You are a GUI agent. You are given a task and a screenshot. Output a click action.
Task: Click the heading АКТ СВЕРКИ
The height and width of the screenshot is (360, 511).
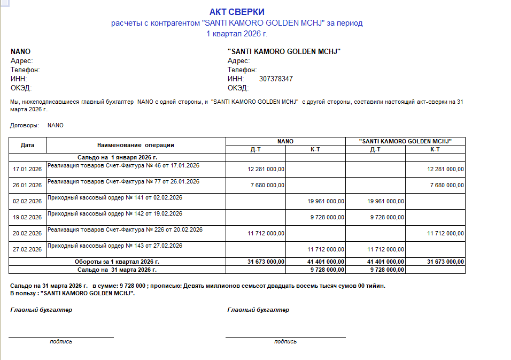point(237,12)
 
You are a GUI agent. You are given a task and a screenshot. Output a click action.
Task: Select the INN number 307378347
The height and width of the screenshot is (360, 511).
point(276,79)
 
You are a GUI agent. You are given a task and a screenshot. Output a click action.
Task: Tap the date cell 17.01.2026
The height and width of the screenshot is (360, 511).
point(27,169)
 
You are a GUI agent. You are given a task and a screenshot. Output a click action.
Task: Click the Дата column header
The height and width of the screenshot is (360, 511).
point(27,145)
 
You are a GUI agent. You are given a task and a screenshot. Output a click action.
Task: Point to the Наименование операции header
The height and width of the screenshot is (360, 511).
point(136,145)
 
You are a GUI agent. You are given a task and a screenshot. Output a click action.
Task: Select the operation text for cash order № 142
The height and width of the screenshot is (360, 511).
point(115,214)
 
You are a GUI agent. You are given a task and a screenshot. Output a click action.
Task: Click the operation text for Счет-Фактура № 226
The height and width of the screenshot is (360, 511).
point(125,230)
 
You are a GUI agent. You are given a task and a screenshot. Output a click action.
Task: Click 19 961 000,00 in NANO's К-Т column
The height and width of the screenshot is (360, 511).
point(327,201)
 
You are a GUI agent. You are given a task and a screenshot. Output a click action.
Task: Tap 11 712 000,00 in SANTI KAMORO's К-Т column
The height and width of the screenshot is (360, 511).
point(446,233)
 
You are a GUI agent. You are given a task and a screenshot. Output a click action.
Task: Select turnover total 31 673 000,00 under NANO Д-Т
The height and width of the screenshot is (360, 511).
point(266,262)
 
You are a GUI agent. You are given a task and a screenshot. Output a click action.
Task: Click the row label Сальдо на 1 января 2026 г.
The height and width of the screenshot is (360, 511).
point(117,157)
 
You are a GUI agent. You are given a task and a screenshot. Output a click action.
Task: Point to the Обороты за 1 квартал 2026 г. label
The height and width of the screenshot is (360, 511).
point(117,262)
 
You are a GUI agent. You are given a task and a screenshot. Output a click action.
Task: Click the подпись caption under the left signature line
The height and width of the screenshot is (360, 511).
point(61,341)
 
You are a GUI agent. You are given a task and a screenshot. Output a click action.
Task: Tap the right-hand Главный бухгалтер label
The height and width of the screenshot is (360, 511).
point(258,310)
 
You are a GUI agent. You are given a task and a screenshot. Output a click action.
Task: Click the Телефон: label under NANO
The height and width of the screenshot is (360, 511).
point(25,70)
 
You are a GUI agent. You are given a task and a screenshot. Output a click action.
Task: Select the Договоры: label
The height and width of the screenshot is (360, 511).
point(25,125)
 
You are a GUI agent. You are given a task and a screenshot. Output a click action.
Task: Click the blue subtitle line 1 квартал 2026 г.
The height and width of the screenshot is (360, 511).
point(237,33)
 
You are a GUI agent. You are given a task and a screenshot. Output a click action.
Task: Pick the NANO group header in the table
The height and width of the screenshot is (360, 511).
point(285,141)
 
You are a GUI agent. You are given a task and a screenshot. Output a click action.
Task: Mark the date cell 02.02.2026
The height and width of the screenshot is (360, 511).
point(27,201)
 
